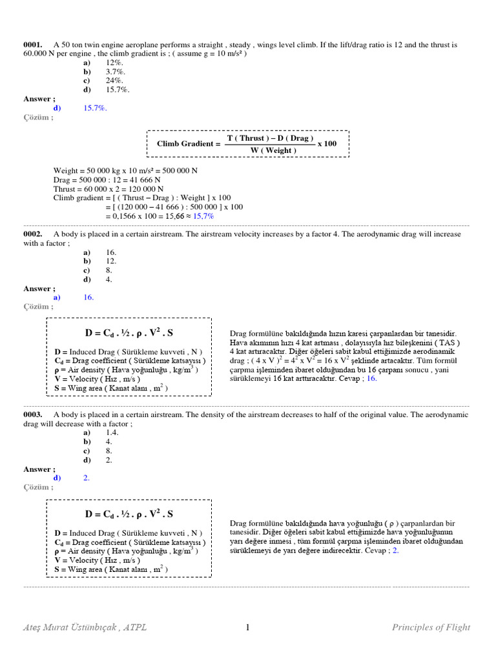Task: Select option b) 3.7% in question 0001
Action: pos(115,72)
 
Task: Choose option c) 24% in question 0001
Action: pos(114,81)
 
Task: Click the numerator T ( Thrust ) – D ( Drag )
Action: pos(270,138)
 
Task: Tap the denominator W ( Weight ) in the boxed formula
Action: pos(273,150)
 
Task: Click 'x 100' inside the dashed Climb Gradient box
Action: pos(327,143)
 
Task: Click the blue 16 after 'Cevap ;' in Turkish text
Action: pos(371,379)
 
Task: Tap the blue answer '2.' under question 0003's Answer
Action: pos(87,478)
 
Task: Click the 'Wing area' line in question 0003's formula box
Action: pos(111,569)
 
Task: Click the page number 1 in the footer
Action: pos(247,627)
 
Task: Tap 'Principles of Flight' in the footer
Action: pos(431,627)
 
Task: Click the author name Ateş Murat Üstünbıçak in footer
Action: pos(71,627)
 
